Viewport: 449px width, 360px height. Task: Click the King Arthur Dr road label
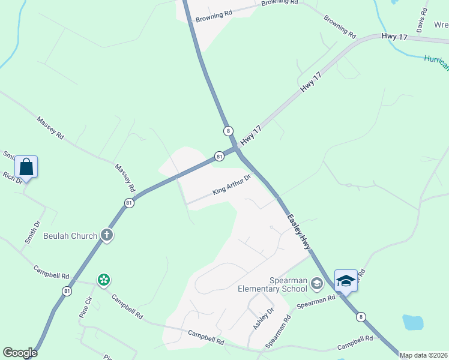point(231,185)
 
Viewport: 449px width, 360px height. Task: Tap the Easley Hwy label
point(298,232)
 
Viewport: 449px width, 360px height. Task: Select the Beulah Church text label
point(70,236)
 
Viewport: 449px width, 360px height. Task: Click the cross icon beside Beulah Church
point(107,235)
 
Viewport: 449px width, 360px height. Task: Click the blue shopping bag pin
point(26,166)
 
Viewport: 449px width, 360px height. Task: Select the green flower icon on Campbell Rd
point(104,280)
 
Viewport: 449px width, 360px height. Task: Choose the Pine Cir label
point(86,307)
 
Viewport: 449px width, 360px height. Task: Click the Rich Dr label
point(12,177)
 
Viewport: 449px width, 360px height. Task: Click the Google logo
point(20,353)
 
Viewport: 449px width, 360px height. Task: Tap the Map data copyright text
point(423,355)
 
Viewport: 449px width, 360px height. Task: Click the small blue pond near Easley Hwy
point(413,322)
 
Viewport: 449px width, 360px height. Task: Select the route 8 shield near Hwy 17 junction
point(228,131)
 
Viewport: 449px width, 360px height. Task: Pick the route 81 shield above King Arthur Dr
point(219,157)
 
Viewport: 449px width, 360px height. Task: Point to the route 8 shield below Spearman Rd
point(360,317)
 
